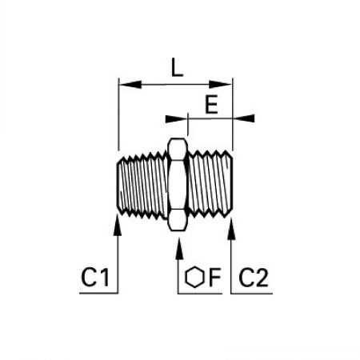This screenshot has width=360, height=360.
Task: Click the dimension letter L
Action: [x=177, y=67]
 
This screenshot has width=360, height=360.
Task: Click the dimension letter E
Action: [x=211, y=104]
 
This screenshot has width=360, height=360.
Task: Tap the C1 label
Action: [x=95, y=278]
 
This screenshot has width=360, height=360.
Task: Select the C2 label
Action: [x=253, y=278]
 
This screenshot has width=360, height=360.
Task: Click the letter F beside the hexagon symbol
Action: [x=215, y=278]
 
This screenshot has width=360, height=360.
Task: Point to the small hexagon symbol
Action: [x=194, y=277]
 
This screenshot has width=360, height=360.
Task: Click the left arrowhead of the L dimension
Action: [x=130, y=85]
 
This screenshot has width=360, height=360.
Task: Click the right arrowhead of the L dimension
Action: [x=220, y=85]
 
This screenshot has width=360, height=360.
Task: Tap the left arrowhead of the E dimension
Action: [x=176, y=118]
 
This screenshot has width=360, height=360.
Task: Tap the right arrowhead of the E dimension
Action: [x=244, y=118]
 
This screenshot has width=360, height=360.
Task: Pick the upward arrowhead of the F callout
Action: [x=179, y=249]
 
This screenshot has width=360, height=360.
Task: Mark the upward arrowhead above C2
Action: [x=231, y=229]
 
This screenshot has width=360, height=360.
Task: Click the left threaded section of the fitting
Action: [x=142, y=185]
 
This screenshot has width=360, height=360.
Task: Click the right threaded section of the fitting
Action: [x=210, y=183]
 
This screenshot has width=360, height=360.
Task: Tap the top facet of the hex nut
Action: [x=178, y=149]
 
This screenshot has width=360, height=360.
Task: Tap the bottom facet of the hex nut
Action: [x=178, y=220]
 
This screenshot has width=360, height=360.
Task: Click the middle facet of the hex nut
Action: [x=178, y=185]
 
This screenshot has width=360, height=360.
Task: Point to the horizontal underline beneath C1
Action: [x=98, y=294]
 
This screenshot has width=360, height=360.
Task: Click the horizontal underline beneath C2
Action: [x=252, y=294]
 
